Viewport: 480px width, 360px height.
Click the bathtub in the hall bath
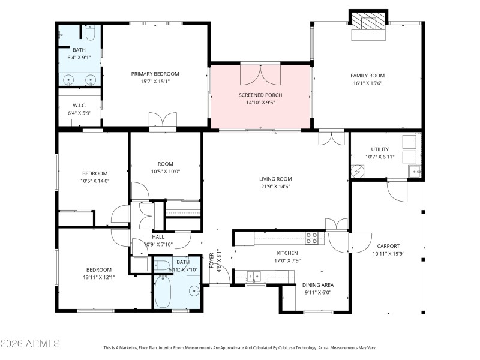coord(163,292)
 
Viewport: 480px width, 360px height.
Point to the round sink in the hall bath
coord(194,292)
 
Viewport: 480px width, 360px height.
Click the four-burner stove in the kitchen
coord(312,238)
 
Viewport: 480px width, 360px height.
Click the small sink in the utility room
coord(415,172)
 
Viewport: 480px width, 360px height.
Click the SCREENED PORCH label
coord(260,95)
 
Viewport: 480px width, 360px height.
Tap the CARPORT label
coord(388,246)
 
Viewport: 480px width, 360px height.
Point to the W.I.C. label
coord(79,106)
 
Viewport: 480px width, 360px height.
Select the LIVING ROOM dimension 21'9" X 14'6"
coord(275,187)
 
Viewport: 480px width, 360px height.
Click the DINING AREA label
coord(318,285)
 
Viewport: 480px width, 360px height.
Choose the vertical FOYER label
coord(211,261)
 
